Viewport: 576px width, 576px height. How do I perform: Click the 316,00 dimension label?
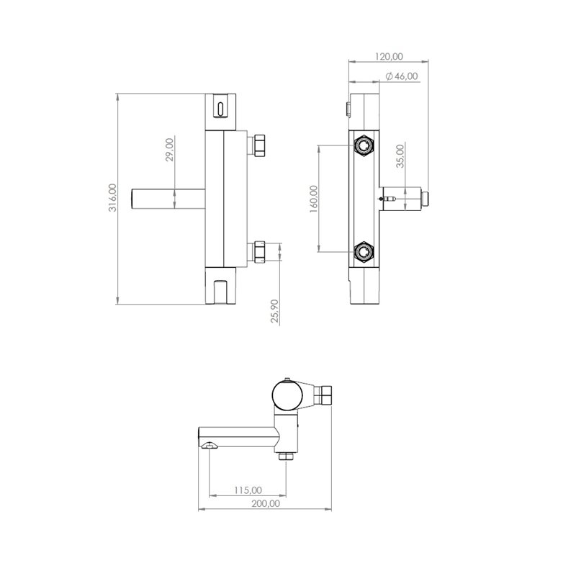pyautogui.click(x=112, y=197)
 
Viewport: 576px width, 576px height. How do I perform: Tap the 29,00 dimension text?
pyautogui.click(x=169, y=150)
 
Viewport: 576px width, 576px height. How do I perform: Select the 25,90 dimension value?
pyautogui.click(x=274, y=311)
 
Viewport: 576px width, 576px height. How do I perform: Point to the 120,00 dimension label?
pyautogui.click(x=389, y=56)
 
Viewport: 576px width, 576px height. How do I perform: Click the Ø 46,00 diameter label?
pyautogui.click(x=402, y=76)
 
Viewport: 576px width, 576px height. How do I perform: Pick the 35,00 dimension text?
pyautogui.click(x=400, y=156)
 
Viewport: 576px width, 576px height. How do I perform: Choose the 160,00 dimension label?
pyautogui.click(x=313, y=199)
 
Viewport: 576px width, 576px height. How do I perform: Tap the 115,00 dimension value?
pyautogui.click(x=248, y=490)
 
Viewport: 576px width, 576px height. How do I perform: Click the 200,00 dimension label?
pyautogui.click(x=266, y=503)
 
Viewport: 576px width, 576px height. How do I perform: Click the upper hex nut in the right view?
pyautogui.click(x=364, y=145)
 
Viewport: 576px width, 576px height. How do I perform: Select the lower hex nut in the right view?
pyautogui.click(x=364, y=251)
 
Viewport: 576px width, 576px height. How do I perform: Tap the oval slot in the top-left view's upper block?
pyautogui.click(x=220, y=109)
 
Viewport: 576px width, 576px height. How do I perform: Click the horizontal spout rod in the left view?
pyautogui.click(x=168, y=199)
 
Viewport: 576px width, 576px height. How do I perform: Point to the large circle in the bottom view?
pyautogui.click(x=287, y=395)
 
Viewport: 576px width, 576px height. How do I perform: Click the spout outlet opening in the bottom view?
pyautogui.click(x=210, y=446)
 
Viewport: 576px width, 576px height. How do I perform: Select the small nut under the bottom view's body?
pyautogui.click(x=286, y=456)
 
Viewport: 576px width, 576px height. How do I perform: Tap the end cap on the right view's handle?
pyautogui.click(x=425, y=199)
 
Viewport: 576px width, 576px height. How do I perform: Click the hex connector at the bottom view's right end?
pyautogui.click(x=323, y=395)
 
